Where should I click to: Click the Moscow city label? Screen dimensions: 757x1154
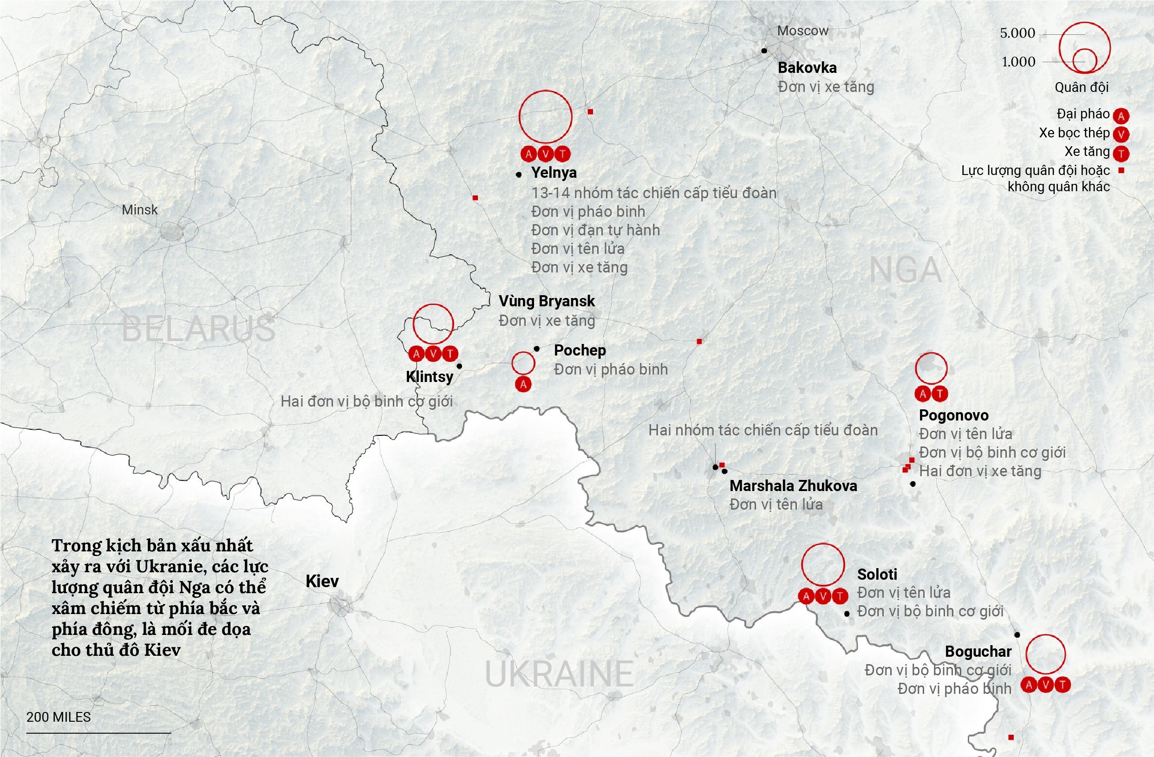pyautogui.click(x=802, y=31)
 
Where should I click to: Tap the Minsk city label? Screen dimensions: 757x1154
pyautogui.click(x=140, y=210)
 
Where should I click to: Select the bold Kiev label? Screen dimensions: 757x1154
pyautogui.click(x=322, y=581)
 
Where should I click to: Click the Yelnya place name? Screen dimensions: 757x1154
pyautogui.click(x=554, y=173)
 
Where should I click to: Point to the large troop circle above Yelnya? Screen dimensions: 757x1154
pyautogui.click(x=546, y=117)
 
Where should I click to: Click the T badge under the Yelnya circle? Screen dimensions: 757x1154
pyautogui.click(x=562, y=154)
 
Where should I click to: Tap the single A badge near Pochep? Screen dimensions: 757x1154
pyautogui.click(x=523, y=385)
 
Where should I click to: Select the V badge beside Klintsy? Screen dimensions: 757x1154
pyautogui.click(x=433, y=354)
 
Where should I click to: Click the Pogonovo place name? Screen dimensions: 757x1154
pyautogui.click(x=954, y=415)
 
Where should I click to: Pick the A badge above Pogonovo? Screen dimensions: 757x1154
pyautogui.click(x=923, y=394)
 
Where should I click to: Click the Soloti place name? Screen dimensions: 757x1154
pyautogui.click(x=877, y=574)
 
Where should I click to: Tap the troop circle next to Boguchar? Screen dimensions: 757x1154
pyautogui.click(x=1045, y=654)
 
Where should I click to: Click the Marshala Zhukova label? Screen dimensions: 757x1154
pyautogui.click(x=793, y=485)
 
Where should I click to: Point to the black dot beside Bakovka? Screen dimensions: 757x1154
pyautogui.click(x=764, y=51)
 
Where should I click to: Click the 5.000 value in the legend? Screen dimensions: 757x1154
pyautogui.click(x=1017, y=33)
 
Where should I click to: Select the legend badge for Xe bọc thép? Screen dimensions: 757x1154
pyautogui.click(x=1121, y=134)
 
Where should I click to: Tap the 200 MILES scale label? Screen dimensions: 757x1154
pyautogui.click(x=59, y=717)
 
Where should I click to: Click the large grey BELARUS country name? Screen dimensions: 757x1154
pyautogui.click(x=198, y=329)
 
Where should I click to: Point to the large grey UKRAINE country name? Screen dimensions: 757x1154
pyautogui.click(x=559, y=674)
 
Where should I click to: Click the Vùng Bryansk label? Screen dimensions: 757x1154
pyautogui.click(x=547, y=301)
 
